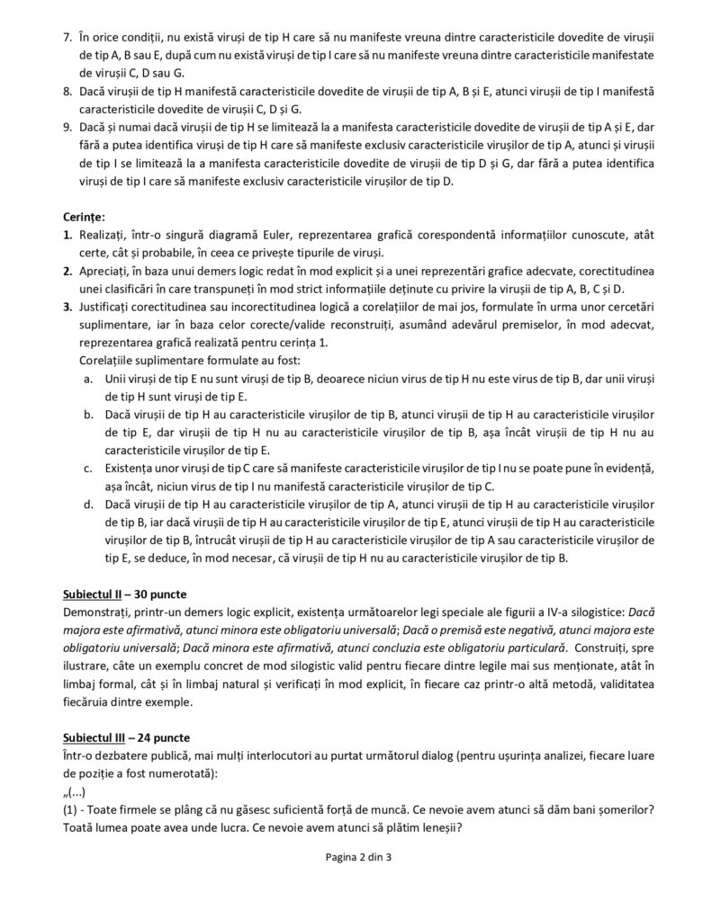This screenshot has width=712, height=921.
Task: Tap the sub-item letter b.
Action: point(87,415)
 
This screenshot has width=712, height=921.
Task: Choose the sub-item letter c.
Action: point(87,469)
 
